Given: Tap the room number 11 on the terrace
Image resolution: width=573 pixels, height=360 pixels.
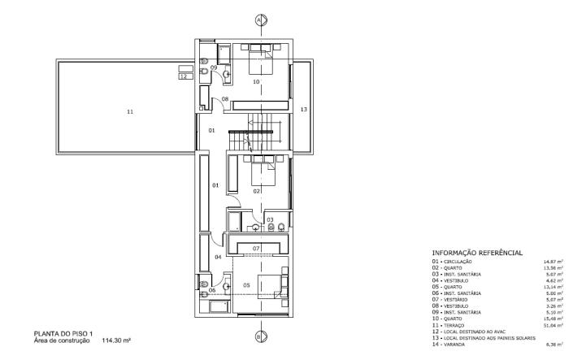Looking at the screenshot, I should tap(129, 111).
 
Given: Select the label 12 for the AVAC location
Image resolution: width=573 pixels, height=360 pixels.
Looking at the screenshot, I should tap(184, 76).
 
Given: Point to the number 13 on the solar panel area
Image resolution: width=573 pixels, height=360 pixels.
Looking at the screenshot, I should tap(302, 109).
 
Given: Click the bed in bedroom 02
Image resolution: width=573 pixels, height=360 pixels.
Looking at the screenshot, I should tap(263, 170).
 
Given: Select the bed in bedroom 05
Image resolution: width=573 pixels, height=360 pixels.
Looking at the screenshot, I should tap(268, 287).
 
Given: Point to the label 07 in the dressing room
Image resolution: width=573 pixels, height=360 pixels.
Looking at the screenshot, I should tap(255, 247).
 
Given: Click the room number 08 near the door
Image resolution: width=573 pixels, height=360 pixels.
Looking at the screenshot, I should tap(224, 99).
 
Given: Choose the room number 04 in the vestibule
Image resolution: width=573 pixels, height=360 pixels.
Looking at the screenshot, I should tap(218, 257).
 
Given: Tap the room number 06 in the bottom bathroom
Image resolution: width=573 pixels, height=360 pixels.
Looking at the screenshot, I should tap(212, 289).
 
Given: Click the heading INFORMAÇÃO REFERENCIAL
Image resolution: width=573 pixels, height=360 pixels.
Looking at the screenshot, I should tap(478, 254).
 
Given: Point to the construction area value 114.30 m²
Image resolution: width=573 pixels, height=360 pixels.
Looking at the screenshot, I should tap(116, 341).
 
